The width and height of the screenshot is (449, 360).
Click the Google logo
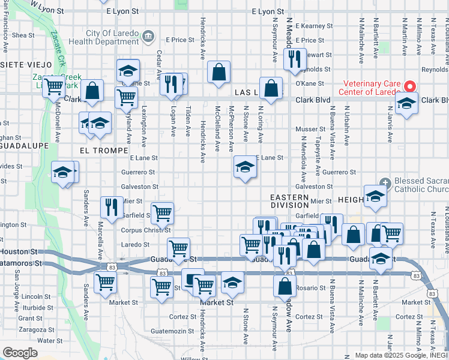pyautogui.click(x=20, y=353)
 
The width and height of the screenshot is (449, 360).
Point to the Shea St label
pyautogui.click(x=23, y=35)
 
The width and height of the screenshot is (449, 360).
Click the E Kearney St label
pyautogui.click(x=313, y=26)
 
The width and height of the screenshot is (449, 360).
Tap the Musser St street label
pyautogui.click(x=310, y=129)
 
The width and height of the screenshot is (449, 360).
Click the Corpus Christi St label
pyautogui.click(x=146, y=229)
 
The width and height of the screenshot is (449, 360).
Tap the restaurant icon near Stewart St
pyautogui.click(x=294, y=58)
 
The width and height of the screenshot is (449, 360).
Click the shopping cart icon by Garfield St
pyautogui.click(x=162, y=212)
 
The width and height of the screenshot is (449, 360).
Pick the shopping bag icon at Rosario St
pyautogui.click(x=285, y=286)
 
